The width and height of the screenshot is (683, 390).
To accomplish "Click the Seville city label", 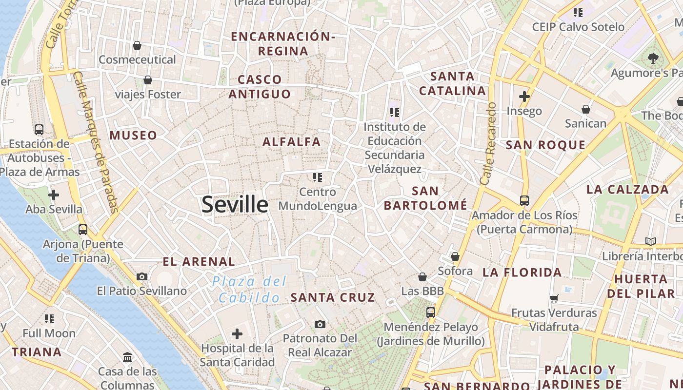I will coord(235,204).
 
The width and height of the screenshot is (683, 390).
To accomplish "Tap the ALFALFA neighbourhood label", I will coord(292,142).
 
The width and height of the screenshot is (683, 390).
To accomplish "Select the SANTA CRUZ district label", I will coord(333,297).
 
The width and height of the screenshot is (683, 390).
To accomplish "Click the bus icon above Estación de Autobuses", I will coord(39,129).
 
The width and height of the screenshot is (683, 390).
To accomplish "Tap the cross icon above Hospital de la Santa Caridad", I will coord(237,334).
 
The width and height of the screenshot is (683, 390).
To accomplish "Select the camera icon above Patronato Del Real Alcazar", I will coord(320,324).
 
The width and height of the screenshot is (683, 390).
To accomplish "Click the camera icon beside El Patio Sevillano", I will coord(142,276).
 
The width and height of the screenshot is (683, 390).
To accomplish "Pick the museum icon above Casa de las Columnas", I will coord(128,357).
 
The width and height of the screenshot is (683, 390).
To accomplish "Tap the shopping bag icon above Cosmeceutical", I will coord(137,45).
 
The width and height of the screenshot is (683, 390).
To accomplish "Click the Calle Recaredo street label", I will coord(488,143).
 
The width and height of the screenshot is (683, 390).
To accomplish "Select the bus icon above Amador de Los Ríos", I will coord(524,200).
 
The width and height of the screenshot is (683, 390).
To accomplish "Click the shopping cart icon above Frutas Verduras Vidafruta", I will coord(554,298).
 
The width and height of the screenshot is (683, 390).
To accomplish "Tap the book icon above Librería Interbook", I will coord(650,241).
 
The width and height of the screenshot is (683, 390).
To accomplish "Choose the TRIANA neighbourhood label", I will coord(37,352).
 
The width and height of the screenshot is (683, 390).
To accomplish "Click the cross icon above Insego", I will coord(524,97).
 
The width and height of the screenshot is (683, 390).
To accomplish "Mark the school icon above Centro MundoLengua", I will coord(318,177).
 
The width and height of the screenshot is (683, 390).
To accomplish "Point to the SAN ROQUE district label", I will coord(545,145).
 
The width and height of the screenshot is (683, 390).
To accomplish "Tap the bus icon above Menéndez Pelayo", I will coord(431,312).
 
